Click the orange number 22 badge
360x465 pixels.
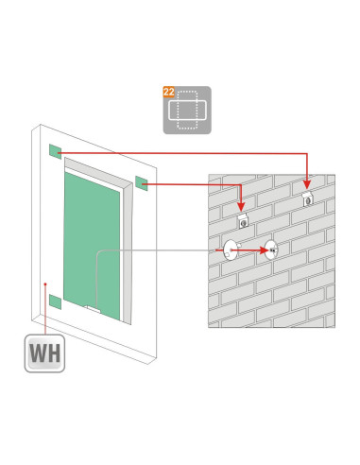coord(168,92)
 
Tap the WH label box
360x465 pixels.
coord(44,353)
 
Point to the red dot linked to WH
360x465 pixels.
coord(45,284)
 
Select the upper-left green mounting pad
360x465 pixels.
coord(55,151)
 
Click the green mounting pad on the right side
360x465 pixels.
coord(141,183)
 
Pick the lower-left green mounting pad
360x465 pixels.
coord(55,301)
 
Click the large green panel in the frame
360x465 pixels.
coord(92,246)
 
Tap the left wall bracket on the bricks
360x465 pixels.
coord(243,221)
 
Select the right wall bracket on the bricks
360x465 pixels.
coord(308,199)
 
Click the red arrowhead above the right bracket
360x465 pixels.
coord(307,184)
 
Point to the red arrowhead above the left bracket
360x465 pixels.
coord(241,207)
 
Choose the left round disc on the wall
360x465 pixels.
coord(231,250)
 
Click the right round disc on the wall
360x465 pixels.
coord(271,250)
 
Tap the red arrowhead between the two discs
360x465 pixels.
coord(264,250)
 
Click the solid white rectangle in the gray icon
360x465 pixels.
coord(187,111)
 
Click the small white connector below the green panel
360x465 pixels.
coord(94,309)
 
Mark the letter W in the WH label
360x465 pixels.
coord(39,353)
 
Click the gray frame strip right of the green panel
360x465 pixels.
coord(128,252)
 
